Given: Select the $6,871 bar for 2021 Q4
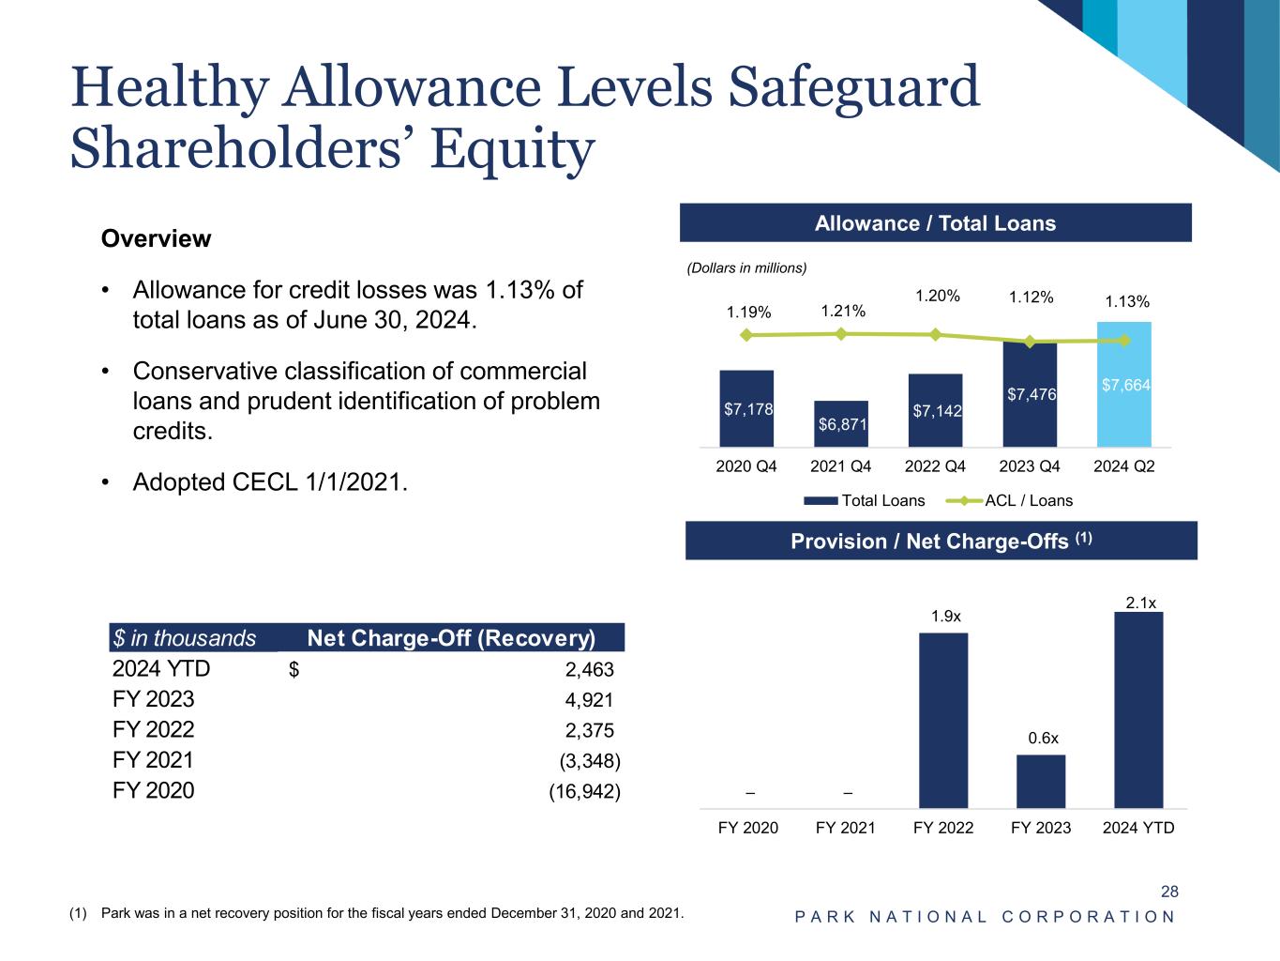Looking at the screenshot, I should (841, 424).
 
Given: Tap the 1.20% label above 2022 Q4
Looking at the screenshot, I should (937, 296).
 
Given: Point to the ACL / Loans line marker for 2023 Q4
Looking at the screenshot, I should (1031, 342).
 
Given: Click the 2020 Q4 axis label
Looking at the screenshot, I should (746, 466).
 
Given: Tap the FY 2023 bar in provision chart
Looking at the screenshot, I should (1041, 781).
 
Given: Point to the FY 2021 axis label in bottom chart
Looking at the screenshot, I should (846, 828).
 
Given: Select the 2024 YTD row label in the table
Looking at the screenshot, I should (161, 669).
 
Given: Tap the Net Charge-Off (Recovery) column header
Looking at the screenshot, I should (451, 639).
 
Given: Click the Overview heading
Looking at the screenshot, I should (156, 238).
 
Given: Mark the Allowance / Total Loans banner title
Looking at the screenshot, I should (935, 223).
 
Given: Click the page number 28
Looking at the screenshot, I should (1169, 892).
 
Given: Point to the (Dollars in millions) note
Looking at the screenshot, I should (746, 268).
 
